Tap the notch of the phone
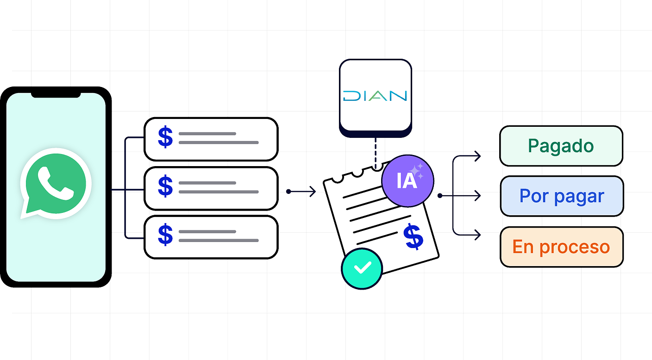tap(56, 94)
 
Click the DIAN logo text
tap(375, 96)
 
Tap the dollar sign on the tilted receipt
tap(413, 236)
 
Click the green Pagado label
tap(561, 146)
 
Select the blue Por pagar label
tap(561, 196)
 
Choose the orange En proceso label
tap(561, 247)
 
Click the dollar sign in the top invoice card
tap(165, 137)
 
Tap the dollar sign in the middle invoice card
tap(165, 187)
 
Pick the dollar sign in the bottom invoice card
tap(165, 235)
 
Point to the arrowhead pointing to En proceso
tap(477, 236)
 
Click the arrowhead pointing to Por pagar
tap(477, 196)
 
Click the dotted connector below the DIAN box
tap(376, 150)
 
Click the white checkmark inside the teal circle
tap(362, 267)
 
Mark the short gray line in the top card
tap(207, 134)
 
